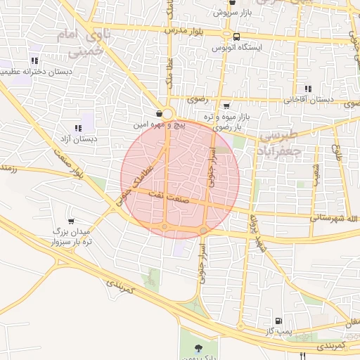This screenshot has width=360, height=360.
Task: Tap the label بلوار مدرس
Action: click(x=184, y=32)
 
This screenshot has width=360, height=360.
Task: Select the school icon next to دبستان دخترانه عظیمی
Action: click(x=34, y=60)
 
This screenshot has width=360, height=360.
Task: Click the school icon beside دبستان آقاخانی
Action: click(x=307, y=89)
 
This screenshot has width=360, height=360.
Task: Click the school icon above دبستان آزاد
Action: click(x=78, y=128)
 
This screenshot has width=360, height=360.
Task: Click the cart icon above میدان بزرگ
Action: click(x=70, y=221)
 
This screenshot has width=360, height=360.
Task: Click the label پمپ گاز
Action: click(x=279, y=330)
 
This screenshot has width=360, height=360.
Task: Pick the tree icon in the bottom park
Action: click(x=198, y=347)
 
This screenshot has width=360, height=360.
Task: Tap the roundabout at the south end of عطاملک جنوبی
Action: click(x=164, y=226)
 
